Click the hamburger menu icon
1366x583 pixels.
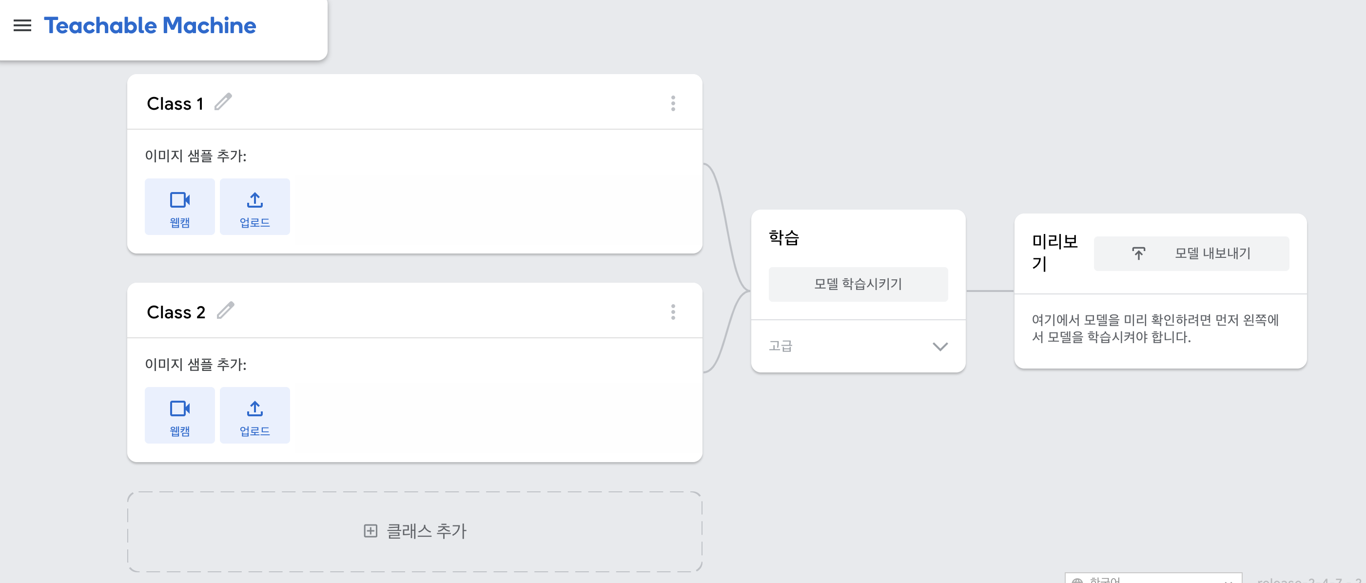(x=22, y=25)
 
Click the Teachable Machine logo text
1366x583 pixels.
(x=150, y=25)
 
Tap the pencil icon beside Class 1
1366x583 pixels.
(x=223, y=101)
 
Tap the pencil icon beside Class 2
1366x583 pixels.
(x=226, y=310)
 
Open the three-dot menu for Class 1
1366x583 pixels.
(x=673, y=103)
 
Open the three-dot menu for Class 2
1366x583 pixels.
(x=673, y=312)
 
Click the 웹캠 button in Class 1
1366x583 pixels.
(x=180, y=207)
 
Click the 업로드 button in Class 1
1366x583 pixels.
(x=254, y=207)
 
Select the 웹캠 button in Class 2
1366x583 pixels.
(x=180, y=415)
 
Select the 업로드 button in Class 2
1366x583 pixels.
(x=254, y=415)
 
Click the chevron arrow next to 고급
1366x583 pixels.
(x=939, y=347)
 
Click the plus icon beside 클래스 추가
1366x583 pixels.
(x=371, y=530)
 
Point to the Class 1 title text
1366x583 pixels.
(x=175, y=104)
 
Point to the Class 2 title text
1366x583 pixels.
(x=176, y=312)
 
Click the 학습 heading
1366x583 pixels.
(x=784, y=237)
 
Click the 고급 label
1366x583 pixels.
(x=781, y=346)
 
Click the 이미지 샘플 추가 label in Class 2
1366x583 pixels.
(x=195, y=365)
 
